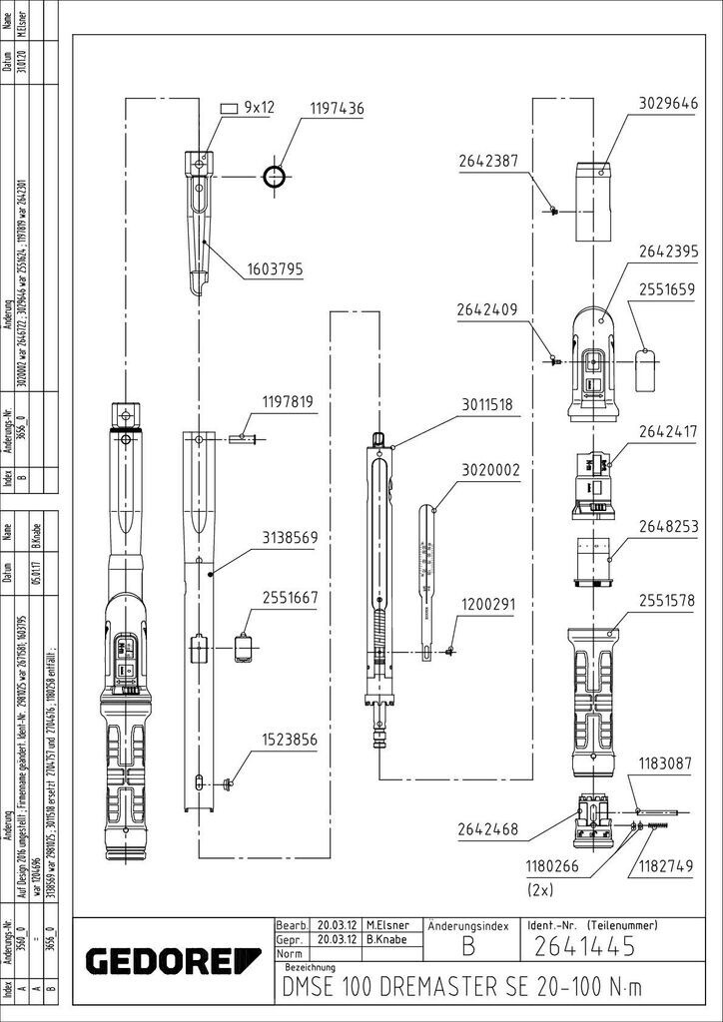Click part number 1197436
pos(337,109)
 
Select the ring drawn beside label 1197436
pos(275,177)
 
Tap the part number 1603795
pos(276,268)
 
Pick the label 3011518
pos(488,405)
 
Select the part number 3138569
pos(290,537)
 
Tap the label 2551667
pos(290,598)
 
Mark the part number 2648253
pos(667,526)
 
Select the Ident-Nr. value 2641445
pos(584,945)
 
